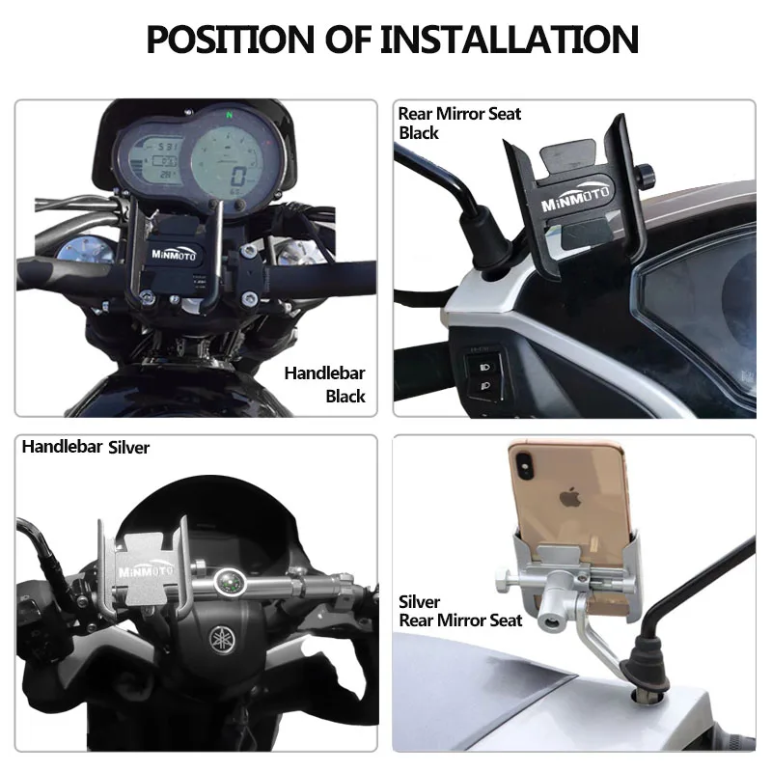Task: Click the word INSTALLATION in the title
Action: (x=510, y=40)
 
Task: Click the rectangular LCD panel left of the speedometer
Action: (x=153, y=158)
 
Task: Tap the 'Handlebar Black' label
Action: (x=325, y=384)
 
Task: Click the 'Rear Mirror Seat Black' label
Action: (x=458, y=123)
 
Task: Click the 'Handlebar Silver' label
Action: (x=86, y=447)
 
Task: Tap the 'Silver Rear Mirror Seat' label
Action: (x=460, y=611)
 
